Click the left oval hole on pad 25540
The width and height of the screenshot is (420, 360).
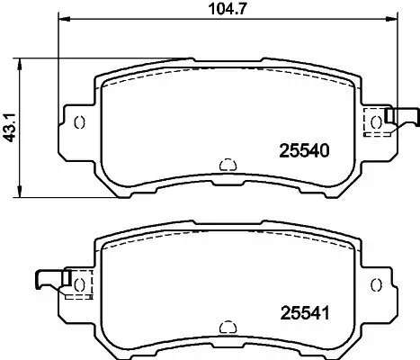click(x=79, y=123)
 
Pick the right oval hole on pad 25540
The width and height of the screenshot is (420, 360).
click(x=376, y=123)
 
